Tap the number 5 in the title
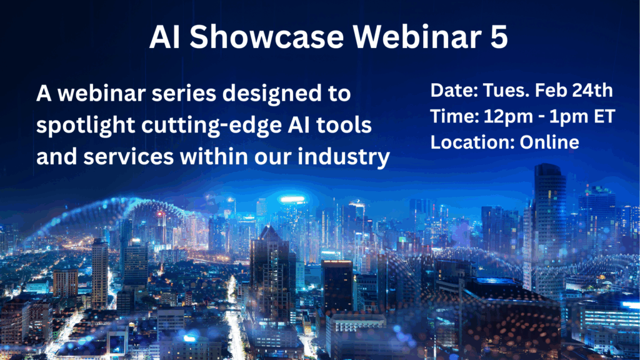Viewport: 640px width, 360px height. [x=498, y=37]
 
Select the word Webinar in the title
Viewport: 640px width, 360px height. [x=417, y=36]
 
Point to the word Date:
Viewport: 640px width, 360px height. [x=454, y=90]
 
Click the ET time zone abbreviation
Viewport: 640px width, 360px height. [x=604, y=116]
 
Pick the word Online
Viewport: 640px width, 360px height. [x=549, y=142]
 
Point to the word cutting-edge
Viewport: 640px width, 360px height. [x=211, y=126]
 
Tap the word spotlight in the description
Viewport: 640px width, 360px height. [x=86, y=126]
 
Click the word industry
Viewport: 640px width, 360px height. [x=344, y=157]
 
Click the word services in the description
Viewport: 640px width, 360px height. [x=129, y=157]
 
